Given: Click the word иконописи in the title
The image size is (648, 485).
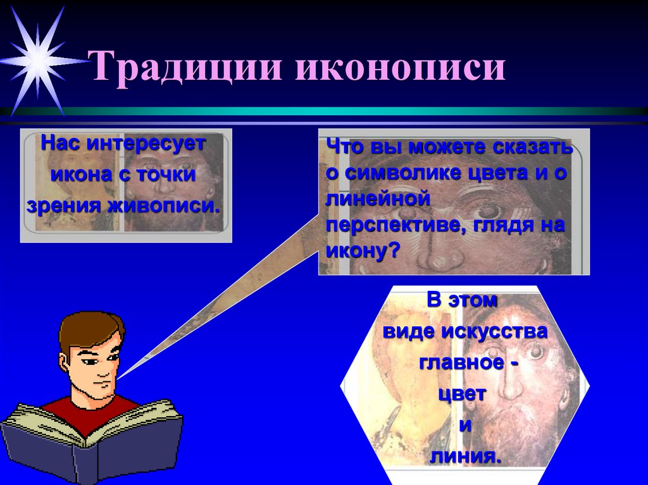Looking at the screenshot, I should pos(399,69).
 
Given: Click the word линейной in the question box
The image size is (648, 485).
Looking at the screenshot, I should pos(378,199).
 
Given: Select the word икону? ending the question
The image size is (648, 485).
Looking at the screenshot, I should pos(363,251).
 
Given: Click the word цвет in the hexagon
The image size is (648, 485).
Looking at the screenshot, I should pos(464,395).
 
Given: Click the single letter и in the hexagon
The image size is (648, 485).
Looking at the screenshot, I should pos(465,425).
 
